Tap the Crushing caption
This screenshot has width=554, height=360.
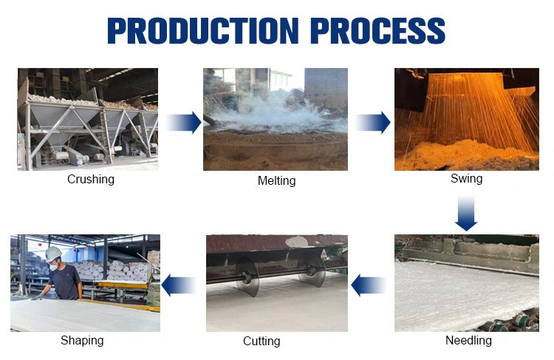coord(91,179)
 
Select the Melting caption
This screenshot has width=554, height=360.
coord(276,180)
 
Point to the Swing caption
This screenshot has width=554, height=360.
coord(466,179)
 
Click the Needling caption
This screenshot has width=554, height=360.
coord(468,341)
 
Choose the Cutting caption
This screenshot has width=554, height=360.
coord(261,341)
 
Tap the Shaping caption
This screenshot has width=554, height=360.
coord(82,341)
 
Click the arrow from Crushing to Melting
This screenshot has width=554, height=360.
coord(183,122)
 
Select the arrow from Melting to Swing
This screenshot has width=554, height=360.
coord(373,122)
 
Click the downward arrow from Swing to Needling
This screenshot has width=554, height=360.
coord(466,214)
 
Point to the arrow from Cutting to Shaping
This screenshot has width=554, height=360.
coord(178,285)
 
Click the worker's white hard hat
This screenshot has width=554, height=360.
coord(52,254)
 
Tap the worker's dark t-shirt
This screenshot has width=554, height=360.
coord(66,280)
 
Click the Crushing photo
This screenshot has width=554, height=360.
coord(87,119)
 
